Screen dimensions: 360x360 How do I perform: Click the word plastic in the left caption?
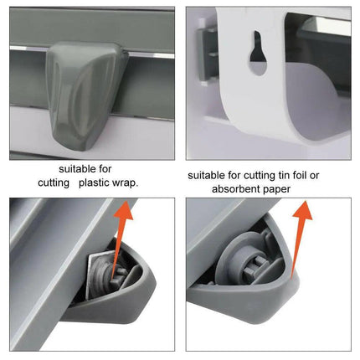coord(100,183)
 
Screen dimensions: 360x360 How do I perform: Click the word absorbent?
coord(238,189)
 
